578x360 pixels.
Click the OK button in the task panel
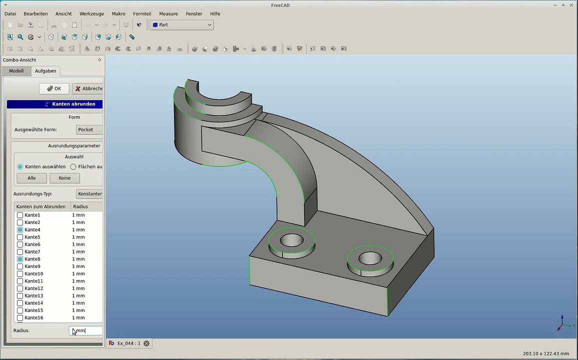(54, 88)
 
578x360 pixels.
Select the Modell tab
(16, 71)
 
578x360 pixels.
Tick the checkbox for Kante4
(20, 230)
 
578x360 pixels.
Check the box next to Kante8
(20, 259)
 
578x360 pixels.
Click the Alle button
(31, 178)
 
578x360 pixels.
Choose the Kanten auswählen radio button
(20, 166)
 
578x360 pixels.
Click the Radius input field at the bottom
(86, 330)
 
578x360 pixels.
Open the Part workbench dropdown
(181, 24)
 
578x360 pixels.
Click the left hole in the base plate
(291, 240)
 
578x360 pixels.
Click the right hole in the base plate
(370, 258)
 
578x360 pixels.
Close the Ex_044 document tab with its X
(146, 343)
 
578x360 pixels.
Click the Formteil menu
(142, 13)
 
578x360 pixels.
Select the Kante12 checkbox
(20, 288)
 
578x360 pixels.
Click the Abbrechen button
(88, 88)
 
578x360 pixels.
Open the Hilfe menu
(215, 13)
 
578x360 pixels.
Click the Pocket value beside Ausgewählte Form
(89, 129)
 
